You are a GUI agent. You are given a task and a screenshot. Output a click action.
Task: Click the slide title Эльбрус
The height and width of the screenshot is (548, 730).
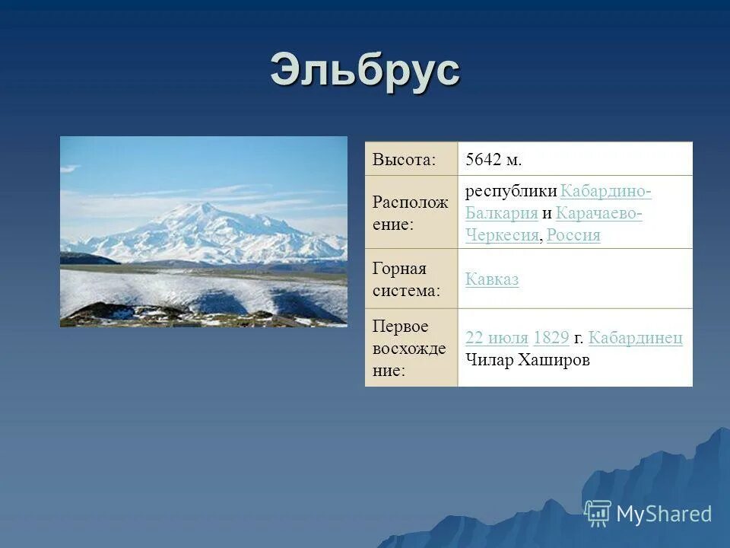tap(365, 71)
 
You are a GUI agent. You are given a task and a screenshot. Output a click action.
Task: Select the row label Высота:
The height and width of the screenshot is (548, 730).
tap(404, 160)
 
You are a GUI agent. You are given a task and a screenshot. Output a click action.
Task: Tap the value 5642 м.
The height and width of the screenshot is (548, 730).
tap(494, 160)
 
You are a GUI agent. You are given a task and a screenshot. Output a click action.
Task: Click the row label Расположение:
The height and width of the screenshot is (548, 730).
tap(410, 213)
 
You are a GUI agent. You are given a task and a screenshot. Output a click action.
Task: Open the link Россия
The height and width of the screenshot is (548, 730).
tap(573, 235)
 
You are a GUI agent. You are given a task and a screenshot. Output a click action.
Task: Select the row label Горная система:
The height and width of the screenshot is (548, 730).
tap(407, 279)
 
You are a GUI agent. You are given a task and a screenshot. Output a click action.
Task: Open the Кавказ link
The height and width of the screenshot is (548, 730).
tap(492, 279)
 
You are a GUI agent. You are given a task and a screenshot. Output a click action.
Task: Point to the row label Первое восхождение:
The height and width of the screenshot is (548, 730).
tap(410, 348)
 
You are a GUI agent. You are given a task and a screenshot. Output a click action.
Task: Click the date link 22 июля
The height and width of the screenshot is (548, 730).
tap(497, 339)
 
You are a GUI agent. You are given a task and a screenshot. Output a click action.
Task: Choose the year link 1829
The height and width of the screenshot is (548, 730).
tap(551, 339)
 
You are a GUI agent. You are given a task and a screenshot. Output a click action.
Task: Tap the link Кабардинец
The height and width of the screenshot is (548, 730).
tap(635, 339)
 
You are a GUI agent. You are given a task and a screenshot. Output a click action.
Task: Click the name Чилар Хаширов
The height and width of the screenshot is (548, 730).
tap(527, 360)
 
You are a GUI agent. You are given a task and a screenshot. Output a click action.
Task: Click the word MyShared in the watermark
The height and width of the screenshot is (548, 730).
tap(664, 514)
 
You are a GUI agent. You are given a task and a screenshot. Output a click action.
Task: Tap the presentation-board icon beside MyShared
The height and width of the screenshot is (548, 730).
tap(598, 514)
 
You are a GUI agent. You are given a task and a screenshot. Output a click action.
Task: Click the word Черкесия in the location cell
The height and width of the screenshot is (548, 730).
tap(502, 235)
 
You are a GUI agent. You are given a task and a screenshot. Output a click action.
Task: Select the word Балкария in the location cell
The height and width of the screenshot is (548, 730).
tap(502, 213)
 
